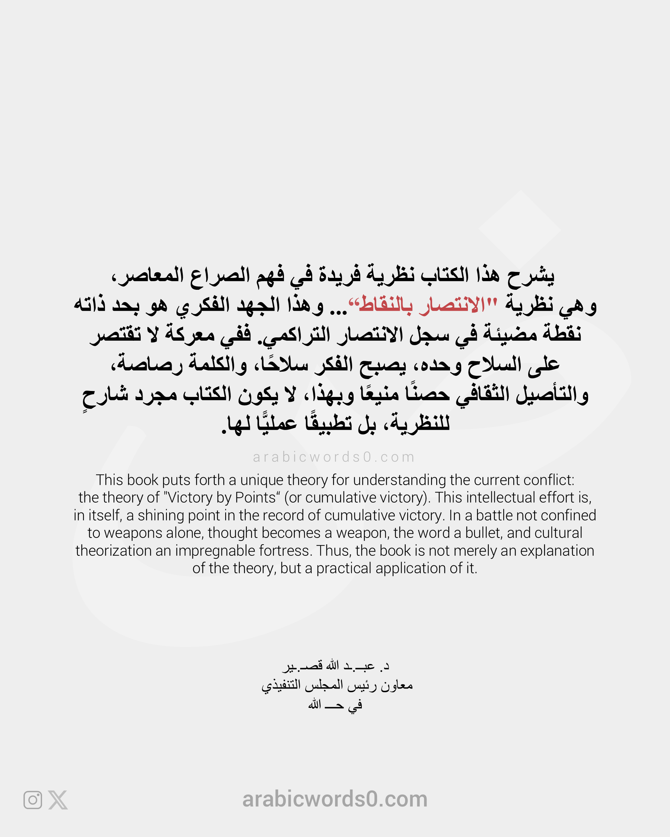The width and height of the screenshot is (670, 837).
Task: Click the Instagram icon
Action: point(33,800)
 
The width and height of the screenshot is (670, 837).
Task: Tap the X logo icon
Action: point(58,800)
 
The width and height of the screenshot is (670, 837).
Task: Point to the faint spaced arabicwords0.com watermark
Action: point(334,457)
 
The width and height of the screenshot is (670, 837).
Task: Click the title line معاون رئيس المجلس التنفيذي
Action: point(337,685)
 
